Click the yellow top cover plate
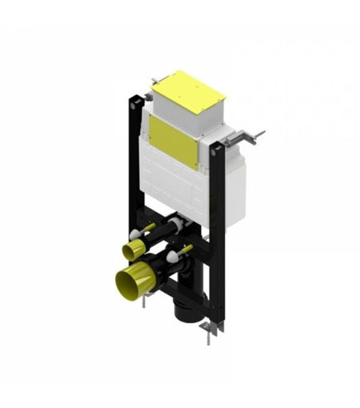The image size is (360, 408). [x=189, y=92]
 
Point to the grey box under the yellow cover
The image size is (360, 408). [x=208, y=120]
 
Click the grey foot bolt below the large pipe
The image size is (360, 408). [x=145, y=302]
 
